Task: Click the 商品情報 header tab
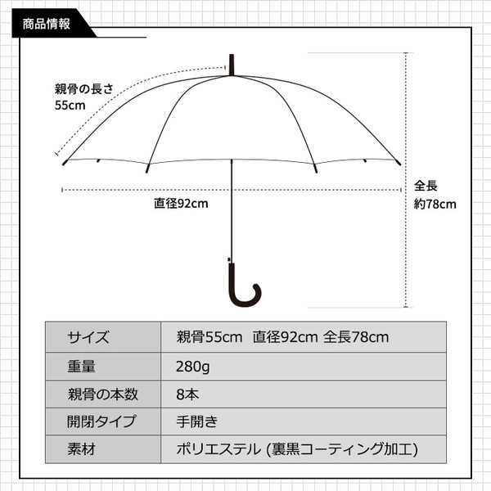click(47, 24)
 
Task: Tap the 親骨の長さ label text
click(84, 89)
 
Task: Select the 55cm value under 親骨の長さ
click(70, 106)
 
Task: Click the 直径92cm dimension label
click(181, 204)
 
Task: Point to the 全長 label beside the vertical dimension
click(426, 186)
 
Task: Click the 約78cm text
click(435, 204)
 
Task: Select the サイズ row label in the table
click(88, 337)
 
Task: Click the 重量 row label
click(81, 367)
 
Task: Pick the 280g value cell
click(193, 367)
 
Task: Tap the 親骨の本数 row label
click(103, 394)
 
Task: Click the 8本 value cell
click(187, 394)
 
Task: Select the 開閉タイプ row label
click(102, 421)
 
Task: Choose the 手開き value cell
click(196, 421)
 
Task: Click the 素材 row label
click(81, 449)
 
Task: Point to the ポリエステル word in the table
click(218, 449)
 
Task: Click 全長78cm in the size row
click(356, 337)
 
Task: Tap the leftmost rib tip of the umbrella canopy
click(64, 164)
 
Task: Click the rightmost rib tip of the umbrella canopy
click(399, 163)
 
